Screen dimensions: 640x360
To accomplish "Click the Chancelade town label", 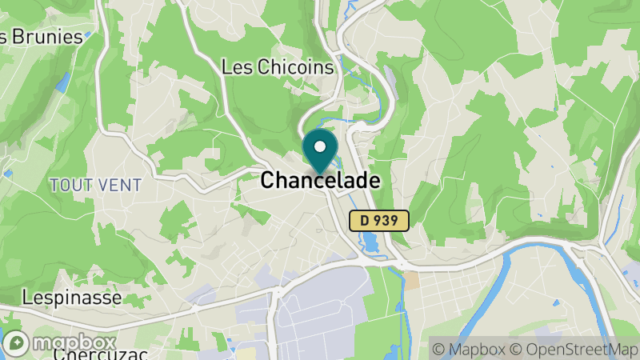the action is tap(319, 181).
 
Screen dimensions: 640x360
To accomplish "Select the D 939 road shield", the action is tap(380, 220).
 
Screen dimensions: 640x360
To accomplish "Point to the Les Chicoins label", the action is tap(277, 67).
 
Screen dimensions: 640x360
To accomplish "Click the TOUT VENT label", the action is tap(95, 185).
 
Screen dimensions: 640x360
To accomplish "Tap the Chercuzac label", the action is tap(88, 354).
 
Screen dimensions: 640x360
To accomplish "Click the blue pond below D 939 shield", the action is tap(373, 241).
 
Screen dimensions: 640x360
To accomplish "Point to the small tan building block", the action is tap(411, 280).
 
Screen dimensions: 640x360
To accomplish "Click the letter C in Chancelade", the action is tap(267, 181).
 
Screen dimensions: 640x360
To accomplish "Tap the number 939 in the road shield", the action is tap(389, 220).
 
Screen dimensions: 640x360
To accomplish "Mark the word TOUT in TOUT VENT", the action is tap(70, 185).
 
